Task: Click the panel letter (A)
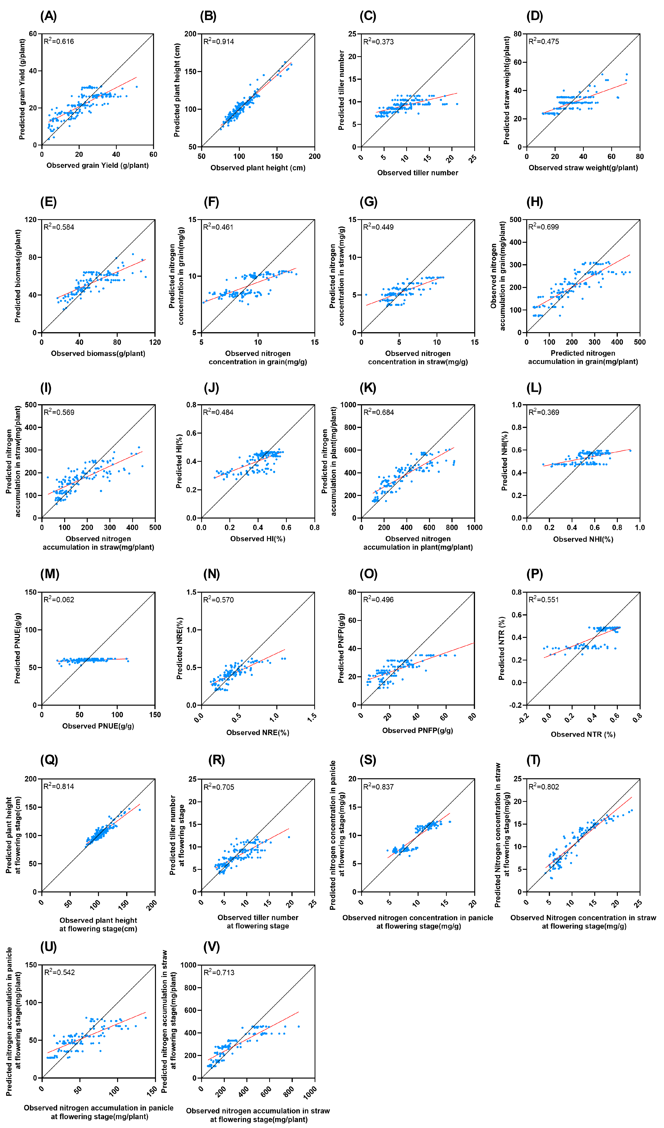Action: [48, 16]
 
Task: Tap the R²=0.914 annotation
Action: [219, 41]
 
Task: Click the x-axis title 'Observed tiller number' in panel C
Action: [418, 173]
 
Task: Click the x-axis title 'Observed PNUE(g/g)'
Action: [98, 726]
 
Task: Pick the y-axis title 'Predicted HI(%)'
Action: [179, 461]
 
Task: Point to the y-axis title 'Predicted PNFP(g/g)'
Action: [341, 648]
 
